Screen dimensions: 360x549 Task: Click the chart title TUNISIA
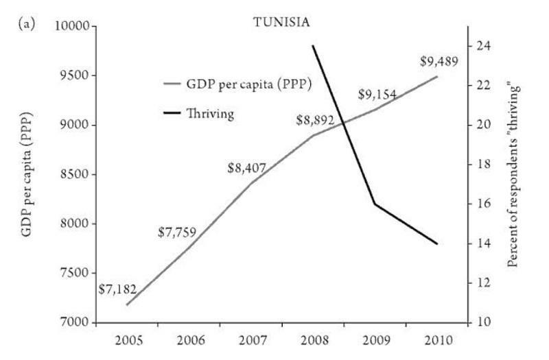point(282,21)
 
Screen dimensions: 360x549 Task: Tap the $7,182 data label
point(117,289)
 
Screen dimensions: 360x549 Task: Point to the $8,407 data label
point(246,166)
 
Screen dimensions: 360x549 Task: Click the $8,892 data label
point(315,120)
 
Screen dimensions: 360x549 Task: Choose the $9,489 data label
point(439,62)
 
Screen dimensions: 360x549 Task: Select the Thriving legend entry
point(210,113)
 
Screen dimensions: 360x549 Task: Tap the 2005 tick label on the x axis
point(128,340)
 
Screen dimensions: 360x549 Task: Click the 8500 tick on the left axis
point(73,174)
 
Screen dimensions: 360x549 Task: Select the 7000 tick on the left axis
point(73,322)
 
